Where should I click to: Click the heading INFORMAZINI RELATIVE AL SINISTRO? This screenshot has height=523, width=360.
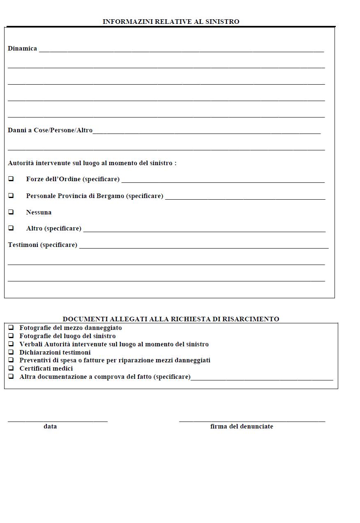(171, 21)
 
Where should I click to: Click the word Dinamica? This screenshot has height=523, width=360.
(22, 48)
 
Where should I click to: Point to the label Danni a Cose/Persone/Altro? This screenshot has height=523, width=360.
(50, 130)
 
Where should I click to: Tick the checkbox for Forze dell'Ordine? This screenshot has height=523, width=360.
(11, 179)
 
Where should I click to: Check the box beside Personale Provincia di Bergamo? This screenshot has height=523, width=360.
(11, 196)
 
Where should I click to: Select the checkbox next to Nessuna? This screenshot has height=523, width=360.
(11, 212)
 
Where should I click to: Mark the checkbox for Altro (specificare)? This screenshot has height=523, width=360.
(11, 228)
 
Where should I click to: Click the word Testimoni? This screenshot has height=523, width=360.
(23, 245)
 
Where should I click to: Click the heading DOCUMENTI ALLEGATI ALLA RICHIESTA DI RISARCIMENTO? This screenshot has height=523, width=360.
(171, 319)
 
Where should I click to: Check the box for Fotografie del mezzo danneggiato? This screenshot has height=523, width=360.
(11, 328)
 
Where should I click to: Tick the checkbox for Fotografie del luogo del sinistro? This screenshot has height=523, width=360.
(11, 336)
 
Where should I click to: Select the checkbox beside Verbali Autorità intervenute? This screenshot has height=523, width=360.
(11, 344)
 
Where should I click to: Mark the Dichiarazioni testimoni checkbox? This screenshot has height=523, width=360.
(11, 352)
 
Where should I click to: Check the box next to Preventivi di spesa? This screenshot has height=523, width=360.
(11, 360)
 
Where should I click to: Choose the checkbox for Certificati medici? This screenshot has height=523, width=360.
(11, 368)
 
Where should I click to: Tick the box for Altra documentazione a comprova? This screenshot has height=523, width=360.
(11, 376)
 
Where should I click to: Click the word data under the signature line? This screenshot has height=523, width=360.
(50, 426)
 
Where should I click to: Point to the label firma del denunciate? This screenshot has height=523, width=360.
(242, 426)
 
